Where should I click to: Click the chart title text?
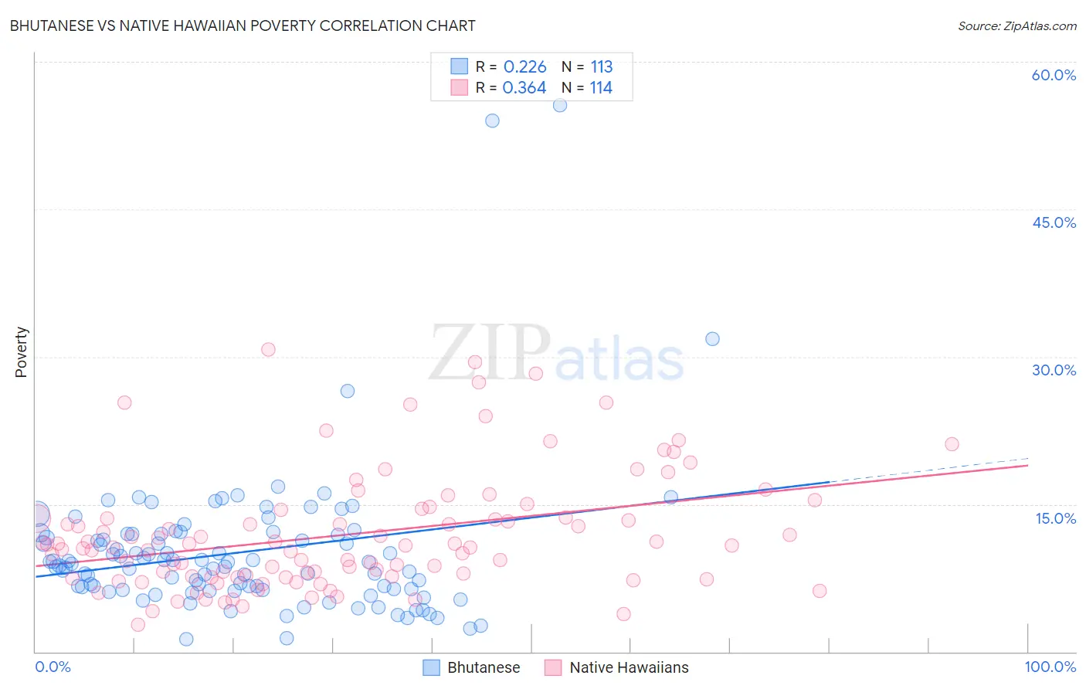click(x=242, y=25)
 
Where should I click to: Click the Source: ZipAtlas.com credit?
click(x=1016, y=25)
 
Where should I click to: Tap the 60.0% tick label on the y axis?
click(x=1054, y=75)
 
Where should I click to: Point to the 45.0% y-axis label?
click(x=1054, y=222)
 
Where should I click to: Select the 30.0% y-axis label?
click(x=1054, y=370)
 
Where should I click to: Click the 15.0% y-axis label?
click(x=1055, y=518)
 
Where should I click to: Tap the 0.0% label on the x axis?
click(x=53, y=667)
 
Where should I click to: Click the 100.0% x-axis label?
click(x=1050, y=667)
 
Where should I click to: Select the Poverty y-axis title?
click(x=21, y=352)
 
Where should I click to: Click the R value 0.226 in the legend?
click(x=524, y=66)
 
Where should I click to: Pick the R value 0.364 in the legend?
click(x=524, y=88)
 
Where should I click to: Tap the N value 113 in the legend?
click(x=601, y=66)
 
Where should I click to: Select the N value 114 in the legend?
click(x=601, y=88)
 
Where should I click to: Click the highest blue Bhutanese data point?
click(x=560, y=105)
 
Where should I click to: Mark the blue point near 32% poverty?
click(x=712, y=339)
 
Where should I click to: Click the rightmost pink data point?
click(x=952, y=444)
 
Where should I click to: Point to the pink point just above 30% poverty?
click(x=268, y=349)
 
